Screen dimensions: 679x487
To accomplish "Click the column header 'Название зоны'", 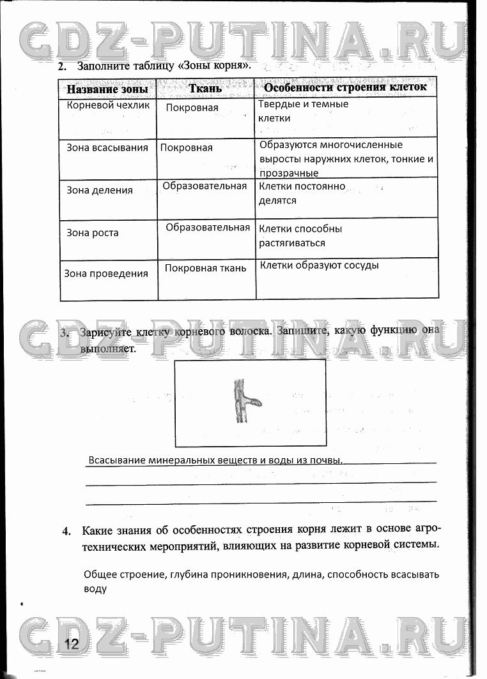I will (x=107, y=89).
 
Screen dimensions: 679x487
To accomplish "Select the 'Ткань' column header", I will (x=205, y=88).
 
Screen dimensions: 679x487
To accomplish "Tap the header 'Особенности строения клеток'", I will (x=345, y=87).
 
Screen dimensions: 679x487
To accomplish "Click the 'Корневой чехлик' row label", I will (x=108, y=105).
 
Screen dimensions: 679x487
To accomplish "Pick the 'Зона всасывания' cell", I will (x=107, y=147).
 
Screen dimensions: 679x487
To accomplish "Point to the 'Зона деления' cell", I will (x=100, y=190).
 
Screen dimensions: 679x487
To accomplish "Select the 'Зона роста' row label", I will (x=93, y=233).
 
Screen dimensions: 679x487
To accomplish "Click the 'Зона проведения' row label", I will (x=106, y=274).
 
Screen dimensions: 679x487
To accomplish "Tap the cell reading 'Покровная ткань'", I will (x=205, y=268).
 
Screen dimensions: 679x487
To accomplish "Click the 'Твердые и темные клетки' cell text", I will (x=304, y=111).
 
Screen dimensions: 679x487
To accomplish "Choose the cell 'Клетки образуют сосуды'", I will (x=319, y=265).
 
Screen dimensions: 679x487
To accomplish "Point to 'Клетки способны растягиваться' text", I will (x=300, y=235).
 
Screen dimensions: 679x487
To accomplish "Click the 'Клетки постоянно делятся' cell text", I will (x=302, y=193).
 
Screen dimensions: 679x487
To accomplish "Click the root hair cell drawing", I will (x=243, y=402).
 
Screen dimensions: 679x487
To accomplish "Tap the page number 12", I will (x=70, y=643).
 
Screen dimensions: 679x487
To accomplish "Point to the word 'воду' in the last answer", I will (x=95, y=589).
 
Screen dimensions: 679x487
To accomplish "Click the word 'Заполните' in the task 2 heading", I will (x=105, y=66).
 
